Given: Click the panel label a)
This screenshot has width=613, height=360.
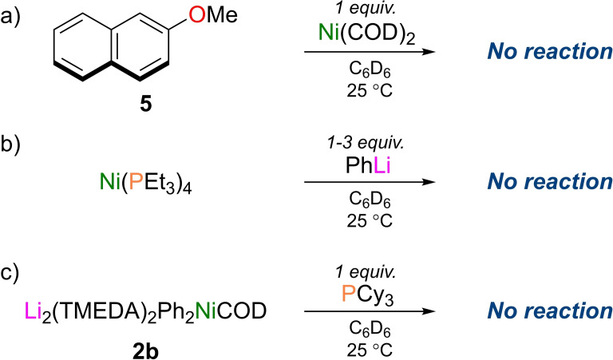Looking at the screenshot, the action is pyautogui.click(x=17, y=17).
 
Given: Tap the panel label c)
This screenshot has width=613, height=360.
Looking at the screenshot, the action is pyautogui.click(x=17, y=260).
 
